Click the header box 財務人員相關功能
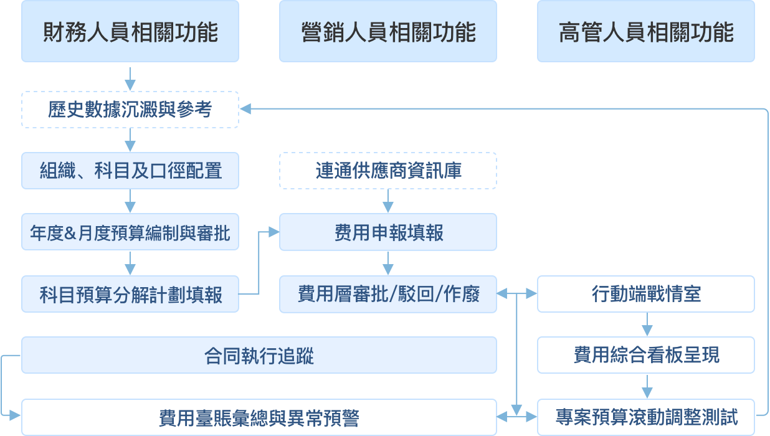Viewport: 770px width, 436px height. pos(130,31)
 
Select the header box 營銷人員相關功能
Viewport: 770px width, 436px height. pos(387,31)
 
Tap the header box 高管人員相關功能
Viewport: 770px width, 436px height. pos(646,31)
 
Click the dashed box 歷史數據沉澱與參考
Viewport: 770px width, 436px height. pos(130,110)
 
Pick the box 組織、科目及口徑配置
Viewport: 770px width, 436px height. pos(130,171)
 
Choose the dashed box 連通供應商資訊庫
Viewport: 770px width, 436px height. pos(387,171)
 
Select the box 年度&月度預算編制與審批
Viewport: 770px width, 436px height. pos(130,232)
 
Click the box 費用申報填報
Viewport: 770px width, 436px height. pos(387,232)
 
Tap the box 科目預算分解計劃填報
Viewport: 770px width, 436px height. pos(130,294)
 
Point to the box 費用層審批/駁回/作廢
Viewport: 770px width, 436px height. pos(387,294)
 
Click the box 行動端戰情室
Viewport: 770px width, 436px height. pos(646,294)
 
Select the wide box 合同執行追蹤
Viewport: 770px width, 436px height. pos(259,355)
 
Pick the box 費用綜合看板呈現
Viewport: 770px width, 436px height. pos(646,355)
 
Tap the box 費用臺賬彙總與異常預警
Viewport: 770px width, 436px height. pos(259,417)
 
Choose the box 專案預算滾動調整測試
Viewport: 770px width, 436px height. pos(646,417)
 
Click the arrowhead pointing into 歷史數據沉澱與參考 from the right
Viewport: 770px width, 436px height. pos(245,109)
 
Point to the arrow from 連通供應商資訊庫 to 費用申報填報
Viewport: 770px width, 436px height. pos(387,201)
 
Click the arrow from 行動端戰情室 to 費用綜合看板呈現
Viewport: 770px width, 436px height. pos(647,325)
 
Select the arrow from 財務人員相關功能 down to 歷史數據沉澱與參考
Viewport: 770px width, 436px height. pos(130,79)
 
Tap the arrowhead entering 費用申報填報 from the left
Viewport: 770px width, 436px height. pos(273,232)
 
